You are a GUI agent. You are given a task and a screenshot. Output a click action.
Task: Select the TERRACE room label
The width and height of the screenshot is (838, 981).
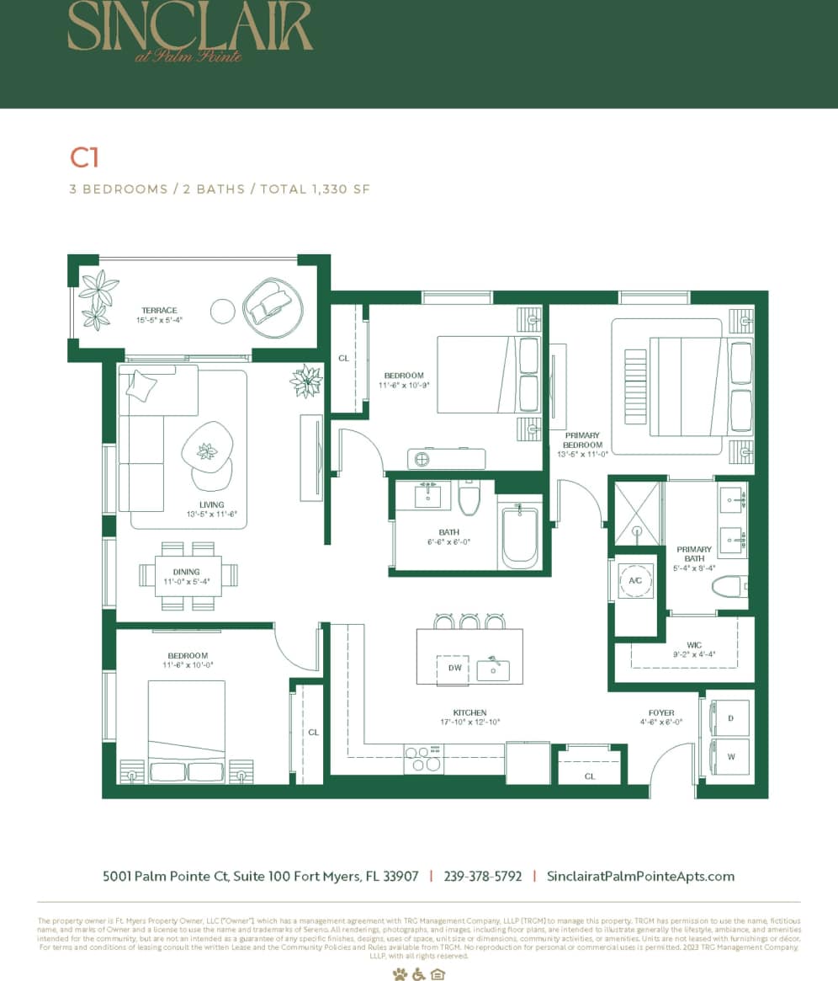pos(159,311)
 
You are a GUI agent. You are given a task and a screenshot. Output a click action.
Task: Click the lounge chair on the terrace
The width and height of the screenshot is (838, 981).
pos(273,307)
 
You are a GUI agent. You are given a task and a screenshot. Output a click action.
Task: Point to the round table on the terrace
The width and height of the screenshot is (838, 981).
pos(223,311)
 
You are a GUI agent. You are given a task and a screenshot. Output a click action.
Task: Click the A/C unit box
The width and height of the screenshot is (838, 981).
pos(635,581)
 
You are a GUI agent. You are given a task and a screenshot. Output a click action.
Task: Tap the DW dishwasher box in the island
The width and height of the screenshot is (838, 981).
pos(454,669)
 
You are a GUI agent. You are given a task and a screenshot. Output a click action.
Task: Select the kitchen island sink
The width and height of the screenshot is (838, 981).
pos(493,669)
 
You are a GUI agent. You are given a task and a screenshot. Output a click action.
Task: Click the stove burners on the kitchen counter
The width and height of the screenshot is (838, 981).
pos(423,759)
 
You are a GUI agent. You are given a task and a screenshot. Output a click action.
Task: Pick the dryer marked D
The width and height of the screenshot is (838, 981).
pos(729,717)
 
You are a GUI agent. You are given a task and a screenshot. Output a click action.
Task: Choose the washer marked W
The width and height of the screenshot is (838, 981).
pos(729,757)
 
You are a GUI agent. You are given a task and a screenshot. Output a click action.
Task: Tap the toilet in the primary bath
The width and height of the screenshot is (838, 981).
pos(729,586)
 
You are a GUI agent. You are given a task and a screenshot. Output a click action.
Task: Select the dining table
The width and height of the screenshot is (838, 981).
pos(188,576)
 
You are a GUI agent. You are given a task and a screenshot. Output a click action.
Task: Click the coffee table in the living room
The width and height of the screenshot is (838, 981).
pos(207,451)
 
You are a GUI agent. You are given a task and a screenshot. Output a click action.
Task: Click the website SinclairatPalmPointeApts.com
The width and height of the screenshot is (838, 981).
pos(640,876)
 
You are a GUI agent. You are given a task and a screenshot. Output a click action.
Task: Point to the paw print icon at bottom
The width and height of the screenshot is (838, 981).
pos(399,973)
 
